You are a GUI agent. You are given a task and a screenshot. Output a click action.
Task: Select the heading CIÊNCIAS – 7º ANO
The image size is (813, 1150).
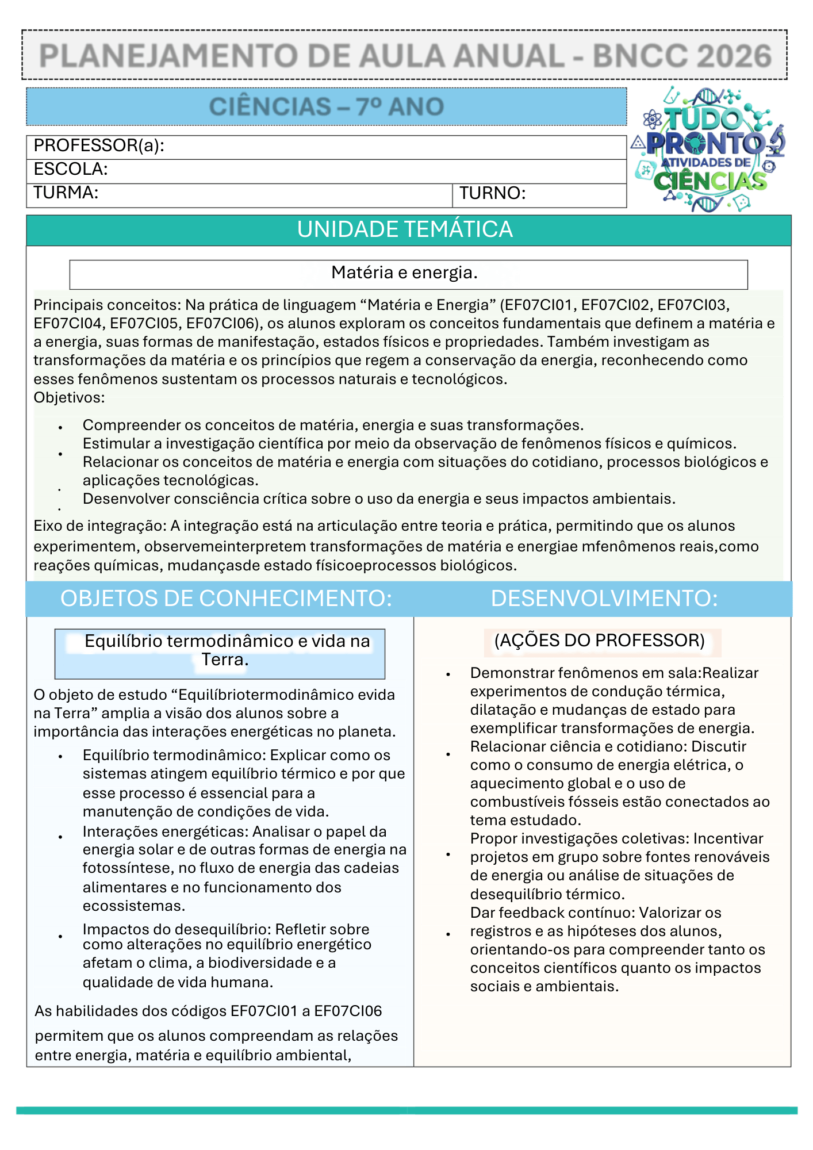[x=327, y=107]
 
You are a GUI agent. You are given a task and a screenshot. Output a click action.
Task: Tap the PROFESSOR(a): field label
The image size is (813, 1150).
[x=99, y=146]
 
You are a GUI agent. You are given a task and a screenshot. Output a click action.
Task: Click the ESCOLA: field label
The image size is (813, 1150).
[x=71, y=170]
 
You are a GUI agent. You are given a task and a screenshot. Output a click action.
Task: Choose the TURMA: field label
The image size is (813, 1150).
[x=66, y=193]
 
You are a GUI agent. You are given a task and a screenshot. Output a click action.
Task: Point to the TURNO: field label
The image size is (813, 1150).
[x=493, y=194]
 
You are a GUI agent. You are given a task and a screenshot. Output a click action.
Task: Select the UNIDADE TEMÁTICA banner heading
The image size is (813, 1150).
[x=405, y=230]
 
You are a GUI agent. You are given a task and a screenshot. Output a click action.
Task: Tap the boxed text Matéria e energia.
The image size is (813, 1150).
[x=405, y=273]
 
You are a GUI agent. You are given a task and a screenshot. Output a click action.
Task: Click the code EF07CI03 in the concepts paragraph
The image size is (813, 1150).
[x=693, y=305]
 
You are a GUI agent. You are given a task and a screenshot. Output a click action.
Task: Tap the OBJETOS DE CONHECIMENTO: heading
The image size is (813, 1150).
[x=226, y=599]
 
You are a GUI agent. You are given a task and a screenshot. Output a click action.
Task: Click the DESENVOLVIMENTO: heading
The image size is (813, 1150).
[x=604, y=599]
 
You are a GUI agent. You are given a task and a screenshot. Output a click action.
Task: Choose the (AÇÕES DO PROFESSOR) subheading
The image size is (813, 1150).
[x=600, y=641]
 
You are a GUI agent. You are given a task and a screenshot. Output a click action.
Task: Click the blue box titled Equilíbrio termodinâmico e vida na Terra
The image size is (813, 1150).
[x=220, y=654]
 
